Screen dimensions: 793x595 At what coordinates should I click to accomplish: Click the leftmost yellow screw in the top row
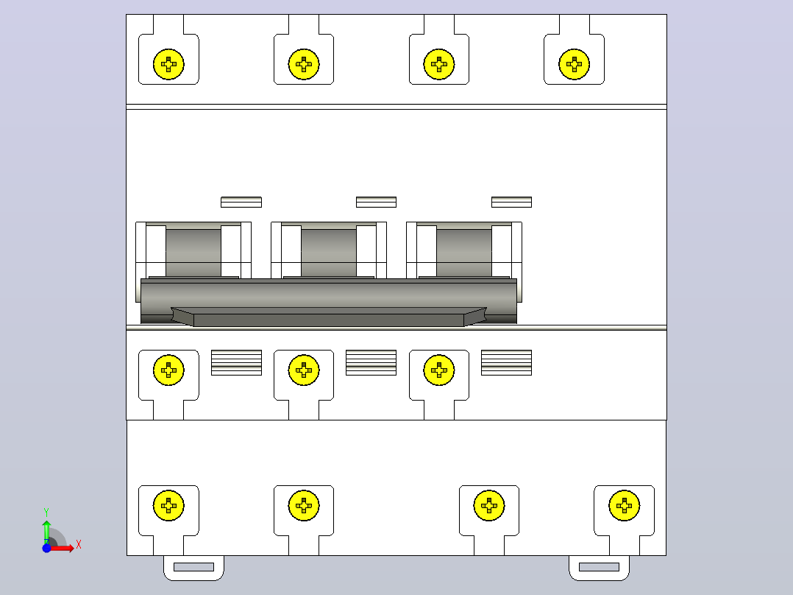(168, 64)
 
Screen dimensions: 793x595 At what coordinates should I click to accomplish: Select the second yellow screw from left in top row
(303, 64)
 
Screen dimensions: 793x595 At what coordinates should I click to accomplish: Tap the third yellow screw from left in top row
(439, 64)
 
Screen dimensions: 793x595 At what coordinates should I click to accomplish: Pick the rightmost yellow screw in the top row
(574, 64)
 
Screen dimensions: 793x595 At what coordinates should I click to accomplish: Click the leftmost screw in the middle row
(168, 370)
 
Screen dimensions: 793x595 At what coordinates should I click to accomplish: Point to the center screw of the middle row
(303, 370)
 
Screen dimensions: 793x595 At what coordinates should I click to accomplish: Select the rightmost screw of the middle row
(439, 370)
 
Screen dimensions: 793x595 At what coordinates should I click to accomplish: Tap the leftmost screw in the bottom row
(168, 505)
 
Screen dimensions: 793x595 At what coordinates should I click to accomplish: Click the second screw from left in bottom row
(303, 505)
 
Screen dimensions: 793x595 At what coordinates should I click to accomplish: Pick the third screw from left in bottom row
(489, 505)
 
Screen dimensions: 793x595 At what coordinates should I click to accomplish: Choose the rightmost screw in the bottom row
(624, 505)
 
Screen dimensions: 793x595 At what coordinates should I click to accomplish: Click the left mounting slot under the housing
(193, 566)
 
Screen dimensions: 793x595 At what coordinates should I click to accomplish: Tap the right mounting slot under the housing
(600, 566)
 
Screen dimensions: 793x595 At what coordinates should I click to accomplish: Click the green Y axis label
(46, 513)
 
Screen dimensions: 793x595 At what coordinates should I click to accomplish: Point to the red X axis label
(79, 545)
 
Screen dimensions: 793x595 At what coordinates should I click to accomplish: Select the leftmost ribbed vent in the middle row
(236, 362)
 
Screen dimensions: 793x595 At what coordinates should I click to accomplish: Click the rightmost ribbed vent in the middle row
(506, 362)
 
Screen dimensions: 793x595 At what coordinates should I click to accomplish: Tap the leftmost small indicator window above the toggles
(241, 202)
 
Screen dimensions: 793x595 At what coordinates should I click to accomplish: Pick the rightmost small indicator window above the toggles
(511, 202)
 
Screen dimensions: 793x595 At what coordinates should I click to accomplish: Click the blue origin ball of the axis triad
(46, 548)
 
